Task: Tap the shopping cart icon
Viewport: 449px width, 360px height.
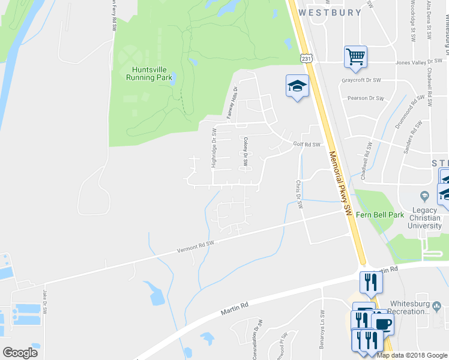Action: pos(355,57)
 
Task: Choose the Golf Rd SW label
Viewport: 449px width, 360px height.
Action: pos(307,145)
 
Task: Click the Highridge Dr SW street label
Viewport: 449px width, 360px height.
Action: pos(214,148)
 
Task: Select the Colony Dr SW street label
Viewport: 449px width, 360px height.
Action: pos(246,151)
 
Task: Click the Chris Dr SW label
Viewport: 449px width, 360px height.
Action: pos(298,194)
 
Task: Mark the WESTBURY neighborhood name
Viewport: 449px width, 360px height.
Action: pos(330,12)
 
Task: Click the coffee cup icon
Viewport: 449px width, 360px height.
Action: pos(382,325)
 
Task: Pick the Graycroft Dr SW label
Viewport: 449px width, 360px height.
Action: pos(361,80)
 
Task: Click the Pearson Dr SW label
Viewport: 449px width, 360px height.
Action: pos(366,98)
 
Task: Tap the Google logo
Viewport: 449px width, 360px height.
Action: pos(20,353)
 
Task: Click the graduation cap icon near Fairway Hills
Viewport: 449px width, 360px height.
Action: pos(297,87)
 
